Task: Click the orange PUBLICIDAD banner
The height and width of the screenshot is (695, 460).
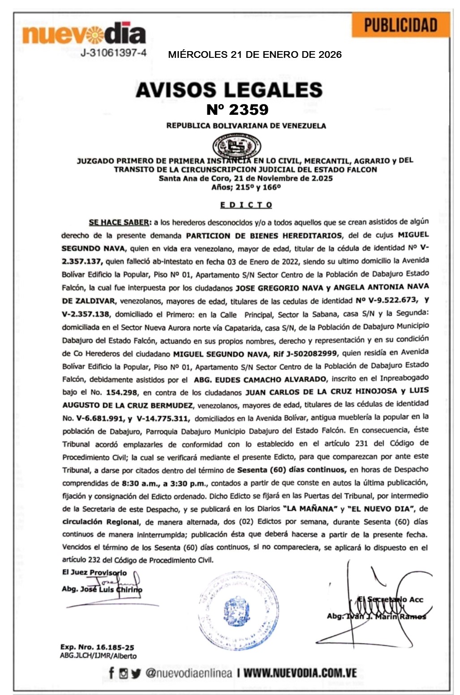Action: [x=400, y=25]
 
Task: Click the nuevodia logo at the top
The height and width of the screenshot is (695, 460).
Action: [x=84, y=34]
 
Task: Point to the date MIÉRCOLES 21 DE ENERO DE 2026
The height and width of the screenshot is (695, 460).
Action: [x=254, y=55]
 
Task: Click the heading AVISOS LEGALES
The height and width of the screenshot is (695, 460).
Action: [x=229, y=90]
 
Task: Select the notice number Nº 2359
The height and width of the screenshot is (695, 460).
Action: [x=237, y=109]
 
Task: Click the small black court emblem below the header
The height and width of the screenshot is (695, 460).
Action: [x=236, y=146]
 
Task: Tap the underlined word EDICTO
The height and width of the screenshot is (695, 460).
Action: [x=246, y=205]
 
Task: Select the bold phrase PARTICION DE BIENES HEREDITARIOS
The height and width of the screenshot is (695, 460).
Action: [x=263, y=235]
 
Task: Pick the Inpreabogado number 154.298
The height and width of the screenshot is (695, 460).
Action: [x=122, y=393]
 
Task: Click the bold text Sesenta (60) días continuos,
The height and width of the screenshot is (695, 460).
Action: [x=291, y=470]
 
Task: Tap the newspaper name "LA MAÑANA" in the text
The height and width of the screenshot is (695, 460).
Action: [x=310, y=509]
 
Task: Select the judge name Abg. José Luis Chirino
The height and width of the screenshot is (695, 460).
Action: [x=102, y=589]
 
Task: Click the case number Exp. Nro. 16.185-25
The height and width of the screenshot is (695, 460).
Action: [x=97, y=647]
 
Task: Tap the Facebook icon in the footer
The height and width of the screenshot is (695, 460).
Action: [x=112, y=673]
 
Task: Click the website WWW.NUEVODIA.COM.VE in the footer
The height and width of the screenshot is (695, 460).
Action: [x=300, y=673]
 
